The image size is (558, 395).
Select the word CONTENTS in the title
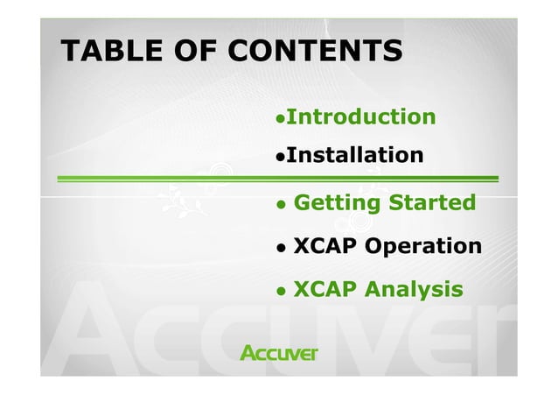click(314, 52)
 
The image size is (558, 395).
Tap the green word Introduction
click(360, 116)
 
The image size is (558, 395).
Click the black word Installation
click(354, 156)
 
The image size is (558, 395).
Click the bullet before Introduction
click(280, 118)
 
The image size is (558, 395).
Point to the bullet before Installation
click(280, 158)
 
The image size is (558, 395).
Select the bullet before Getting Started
click(280, 205)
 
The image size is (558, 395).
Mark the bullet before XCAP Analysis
click(280, 290)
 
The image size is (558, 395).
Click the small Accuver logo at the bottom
click(279, 353)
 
